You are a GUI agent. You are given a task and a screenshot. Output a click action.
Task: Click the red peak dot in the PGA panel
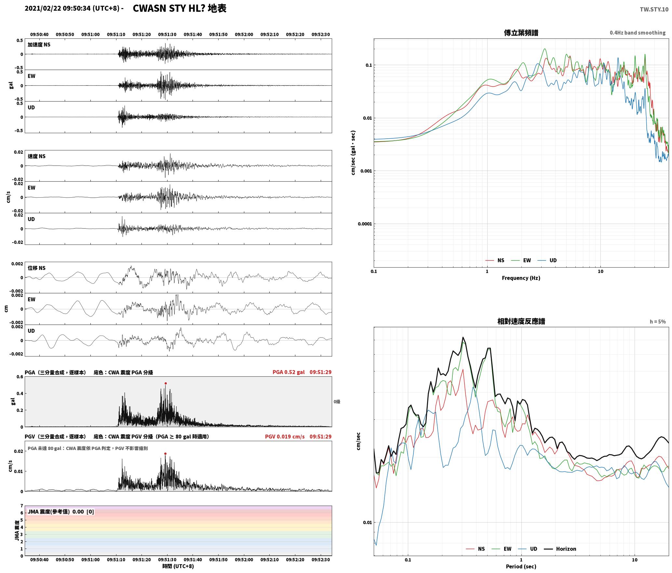point(166,383)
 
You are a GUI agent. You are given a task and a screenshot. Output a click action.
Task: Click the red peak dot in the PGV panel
point(165,454)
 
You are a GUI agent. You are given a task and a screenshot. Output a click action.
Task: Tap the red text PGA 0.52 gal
point(289,372)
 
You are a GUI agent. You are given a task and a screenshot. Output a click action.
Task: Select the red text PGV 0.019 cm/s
point(285,437)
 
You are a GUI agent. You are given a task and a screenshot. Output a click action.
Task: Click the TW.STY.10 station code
point(654,9)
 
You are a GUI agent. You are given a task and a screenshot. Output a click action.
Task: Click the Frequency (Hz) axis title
point(521,278)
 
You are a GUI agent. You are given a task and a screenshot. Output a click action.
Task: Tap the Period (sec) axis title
point(521,566)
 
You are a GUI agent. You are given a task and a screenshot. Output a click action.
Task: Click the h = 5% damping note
point(658,322)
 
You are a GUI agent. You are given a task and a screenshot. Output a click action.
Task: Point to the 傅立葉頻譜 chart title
point(521,33)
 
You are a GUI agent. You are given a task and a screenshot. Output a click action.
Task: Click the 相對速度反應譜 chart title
point(521,321)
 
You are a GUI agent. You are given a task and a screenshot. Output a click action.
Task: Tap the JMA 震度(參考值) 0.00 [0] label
point(61,511)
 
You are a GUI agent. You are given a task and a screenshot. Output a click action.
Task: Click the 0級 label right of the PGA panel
point(337,402)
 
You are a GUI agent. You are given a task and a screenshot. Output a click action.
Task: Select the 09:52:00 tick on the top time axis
point(244,35)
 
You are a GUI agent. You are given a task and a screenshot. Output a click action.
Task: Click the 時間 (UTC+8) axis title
point(178,566)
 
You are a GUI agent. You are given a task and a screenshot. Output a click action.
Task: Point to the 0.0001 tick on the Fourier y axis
point(365,224)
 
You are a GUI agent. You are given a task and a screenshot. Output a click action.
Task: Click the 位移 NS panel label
point(36,268)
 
